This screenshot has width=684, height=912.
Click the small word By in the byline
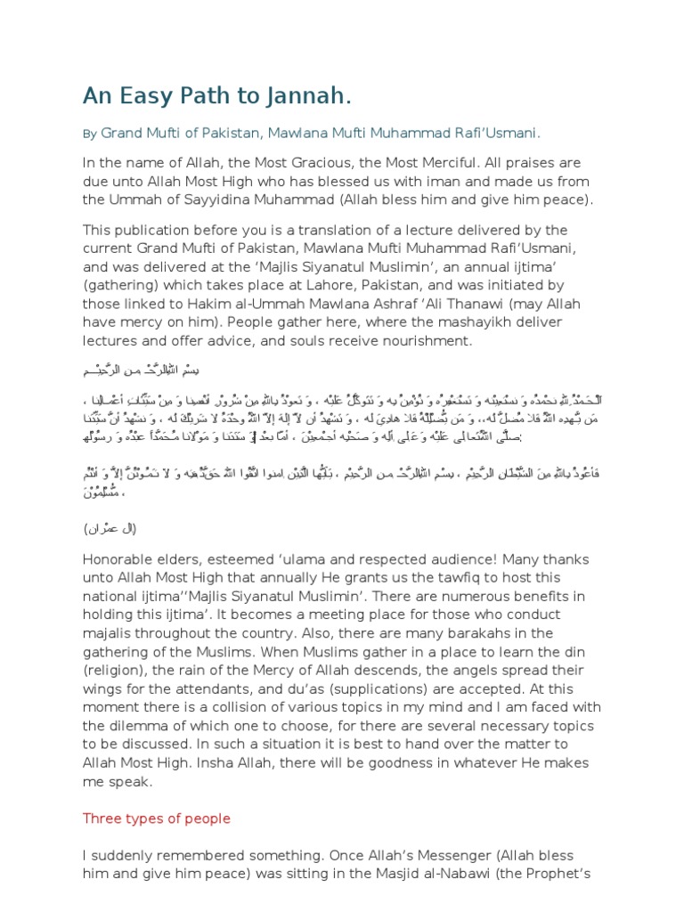click(89, 134)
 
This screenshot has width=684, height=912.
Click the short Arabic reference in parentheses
click(110, 528)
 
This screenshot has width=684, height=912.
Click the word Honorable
click(122, 559)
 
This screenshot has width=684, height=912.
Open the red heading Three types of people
click(157, 818)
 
